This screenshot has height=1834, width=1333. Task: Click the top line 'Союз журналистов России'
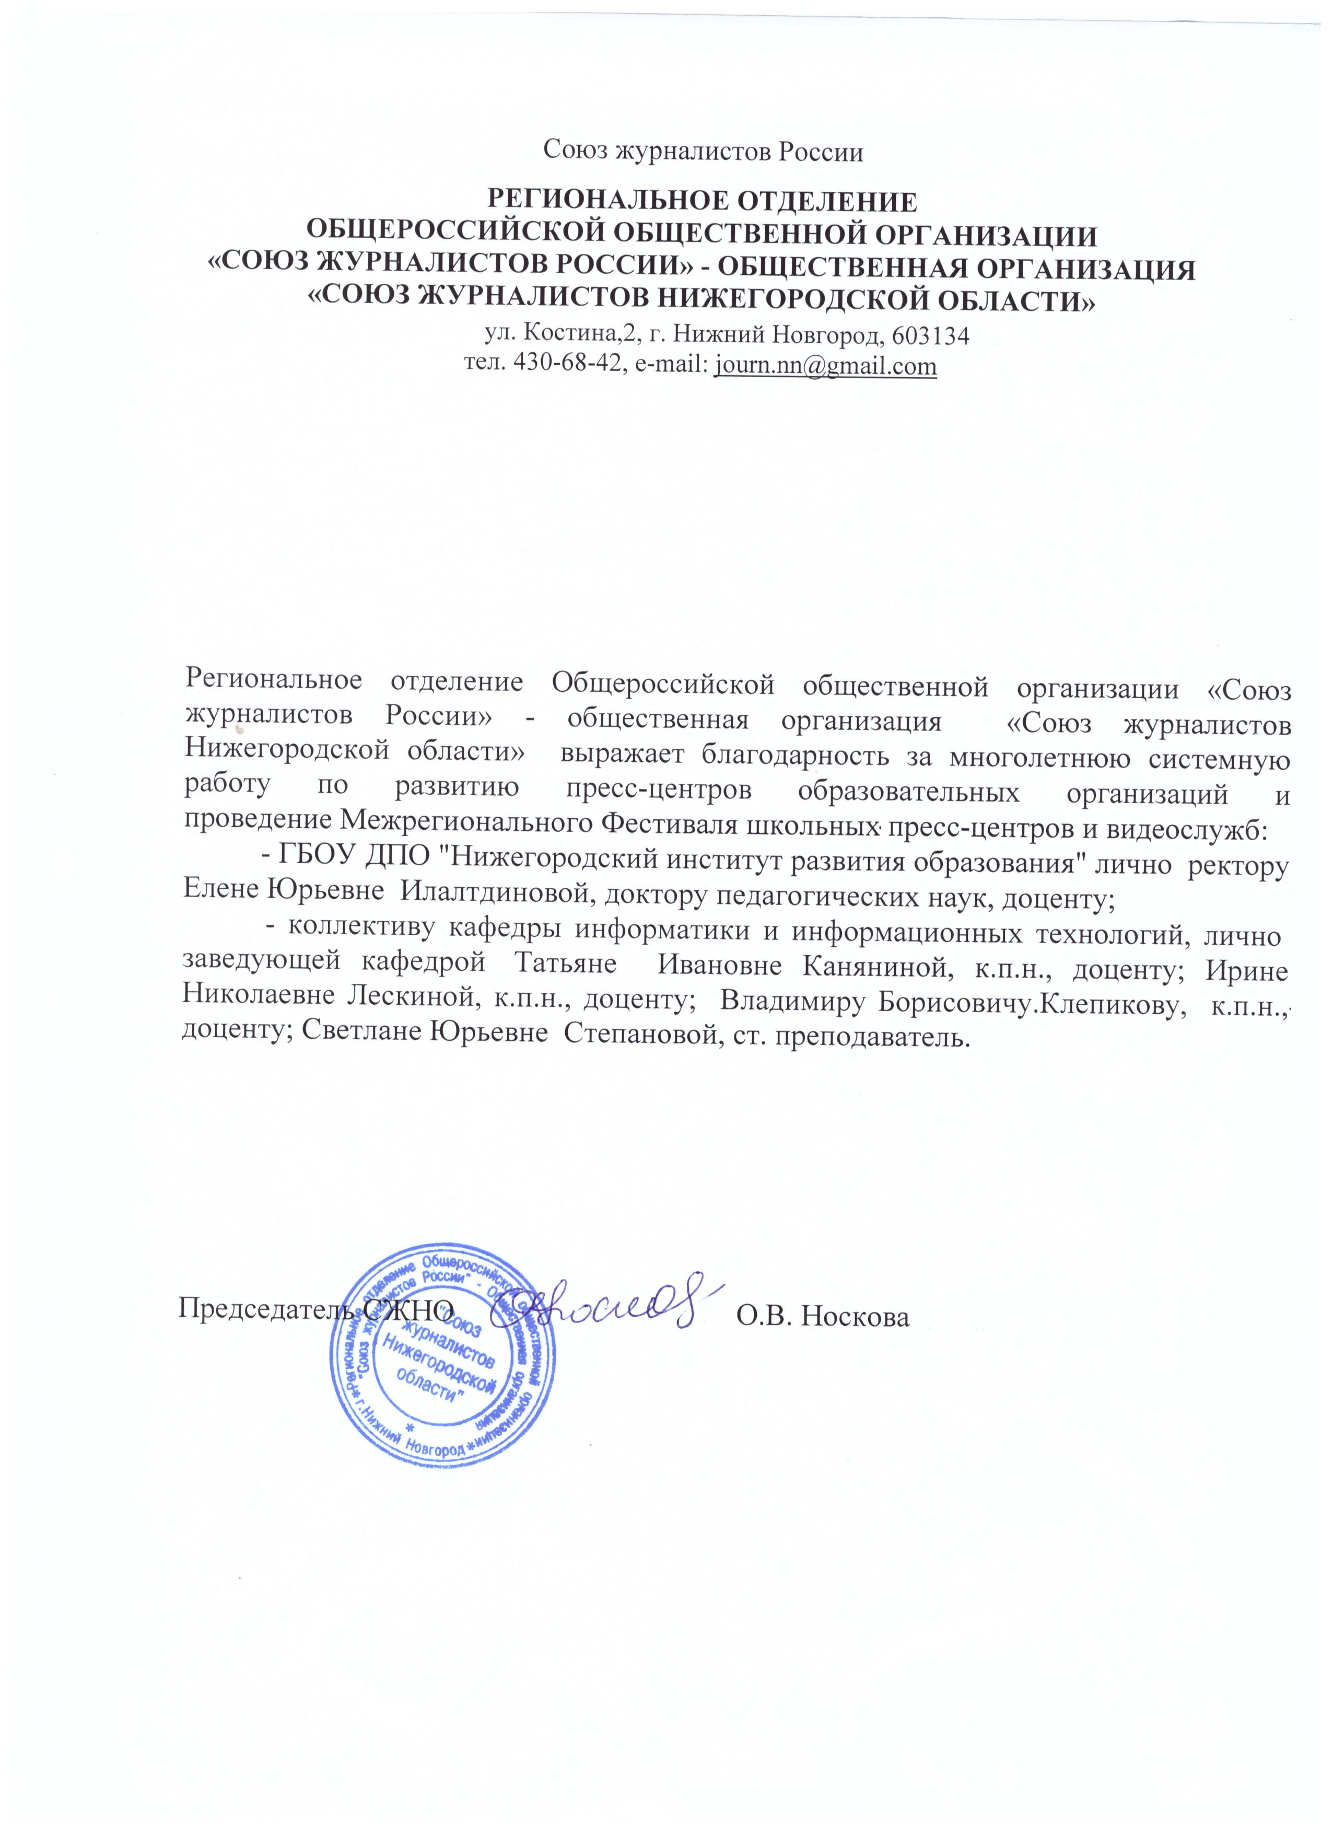703,150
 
